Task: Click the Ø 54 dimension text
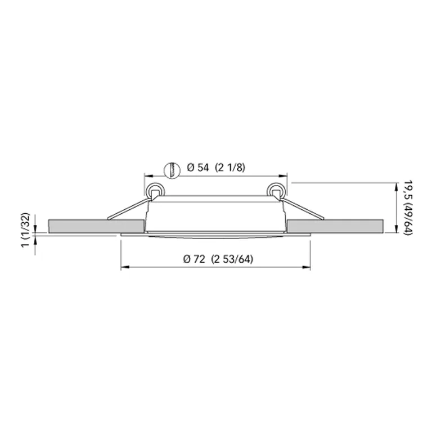tap(197, 168)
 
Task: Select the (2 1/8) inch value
tap(231, 168)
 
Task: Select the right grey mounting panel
tap(335, 226)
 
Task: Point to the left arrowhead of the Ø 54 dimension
tap(147, 175)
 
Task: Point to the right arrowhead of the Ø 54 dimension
tap(284, 175)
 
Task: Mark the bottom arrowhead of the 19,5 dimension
tap(392, 231)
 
